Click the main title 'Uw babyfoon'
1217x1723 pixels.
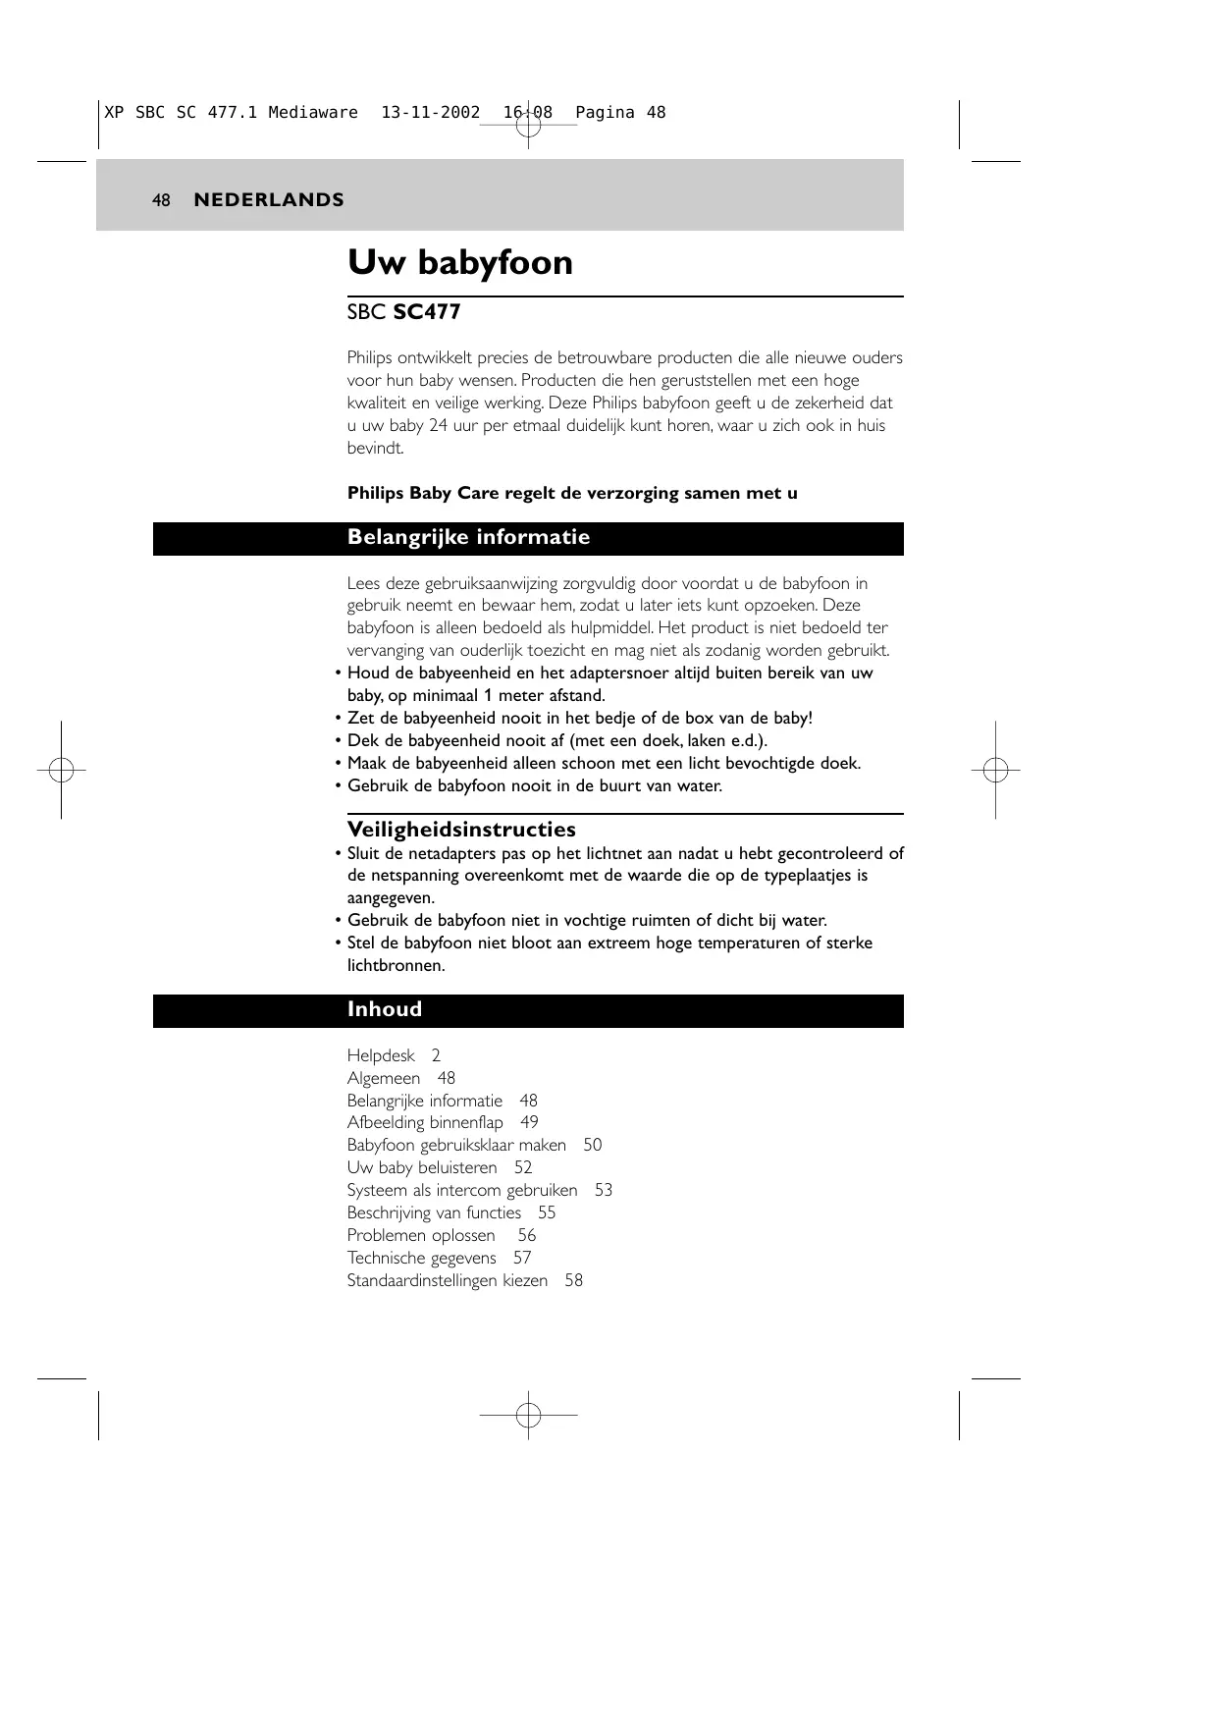[x=459, y=263]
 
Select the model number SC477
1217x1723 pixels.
[x=427, y=313]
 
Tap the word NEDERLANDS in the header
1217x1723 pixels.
[x=269, y=200]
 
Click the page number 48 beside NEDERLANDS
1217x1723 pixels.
[x=161, y=200]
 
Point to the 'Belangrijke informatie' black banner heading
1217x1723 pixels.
[x=468, y=538]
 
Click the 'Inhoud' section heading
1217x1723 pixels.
[x=384, y=1010]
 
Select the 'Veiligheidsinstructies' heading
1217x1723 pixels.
[x=461, y=830]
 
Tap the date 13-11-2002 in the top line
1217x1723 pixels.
[x=430, y=113]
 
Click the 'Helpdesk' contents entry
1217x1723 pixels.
[x=381, y=1056]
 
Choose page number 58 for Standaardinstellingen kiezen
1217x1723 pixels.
[x=573, y=1281]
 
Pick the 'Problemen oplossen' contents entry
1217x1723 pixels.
[x=421, y=1236]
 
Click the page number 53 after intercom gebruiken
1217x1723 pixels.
[x=603, y=1191]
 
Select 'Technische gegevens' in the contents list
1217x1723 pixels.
[x=421, y=1259]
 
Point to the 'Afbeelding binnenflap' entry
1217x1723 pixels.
[x=425, y=1123]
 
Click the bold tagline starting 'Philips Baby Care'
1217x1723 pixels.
[x=572, y=494]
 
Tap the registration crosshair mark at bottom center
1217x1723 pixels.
[x=528, y=1415]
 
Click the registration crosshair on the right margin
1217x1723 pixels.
[x=995, y=771]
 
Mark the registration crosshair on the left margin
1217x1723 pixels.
[x=61, y=771]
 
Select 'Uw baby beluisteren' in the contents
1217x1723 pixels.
[x=422, y=1168]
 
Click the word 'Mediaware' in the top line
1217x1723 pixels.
[x=313, y=113]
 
